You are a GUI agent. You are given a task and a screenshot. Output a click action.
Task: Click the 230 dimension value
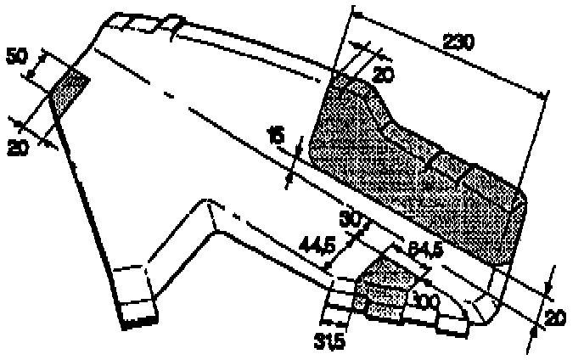458,41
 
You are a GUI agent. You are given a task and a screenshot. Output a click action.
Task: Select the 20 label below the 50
17,147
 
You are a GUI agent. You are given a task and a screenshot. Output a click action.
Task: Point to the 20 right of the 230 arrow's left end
384,75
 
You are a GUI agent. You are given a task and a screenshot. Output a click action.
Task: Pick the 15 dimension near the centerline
275,135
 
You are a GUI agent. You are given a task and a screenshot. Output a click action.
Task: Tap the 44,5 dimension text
317,245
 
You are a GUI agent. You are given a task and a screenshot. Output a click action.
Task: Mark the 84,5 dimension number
424,250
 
